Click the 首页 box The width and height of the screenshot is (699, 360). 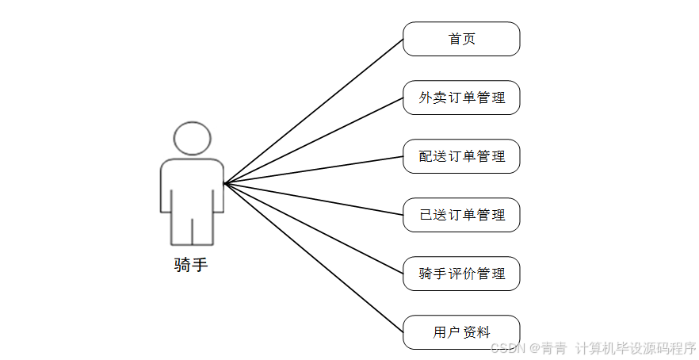[461, 39]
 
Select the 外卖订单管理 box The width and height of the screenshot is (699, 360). [461, 98]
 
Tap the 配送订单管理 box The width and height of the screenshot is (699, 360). [461, 156]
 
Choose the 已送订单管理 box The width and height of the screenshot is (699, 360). [461, 215]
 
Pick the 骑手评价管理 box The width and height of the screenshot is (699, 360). [461, 274]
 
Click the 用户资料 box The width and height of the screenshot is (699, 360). [461, 332]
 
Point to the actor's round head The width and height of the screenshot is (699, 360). [192, 139]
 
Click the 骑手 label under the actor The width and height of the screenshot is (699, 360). [191, 265]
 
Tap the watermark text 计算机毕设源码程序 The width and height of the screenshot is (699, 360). [635, 348]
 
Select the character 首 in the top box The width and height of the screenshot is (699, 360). [455, 39]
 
